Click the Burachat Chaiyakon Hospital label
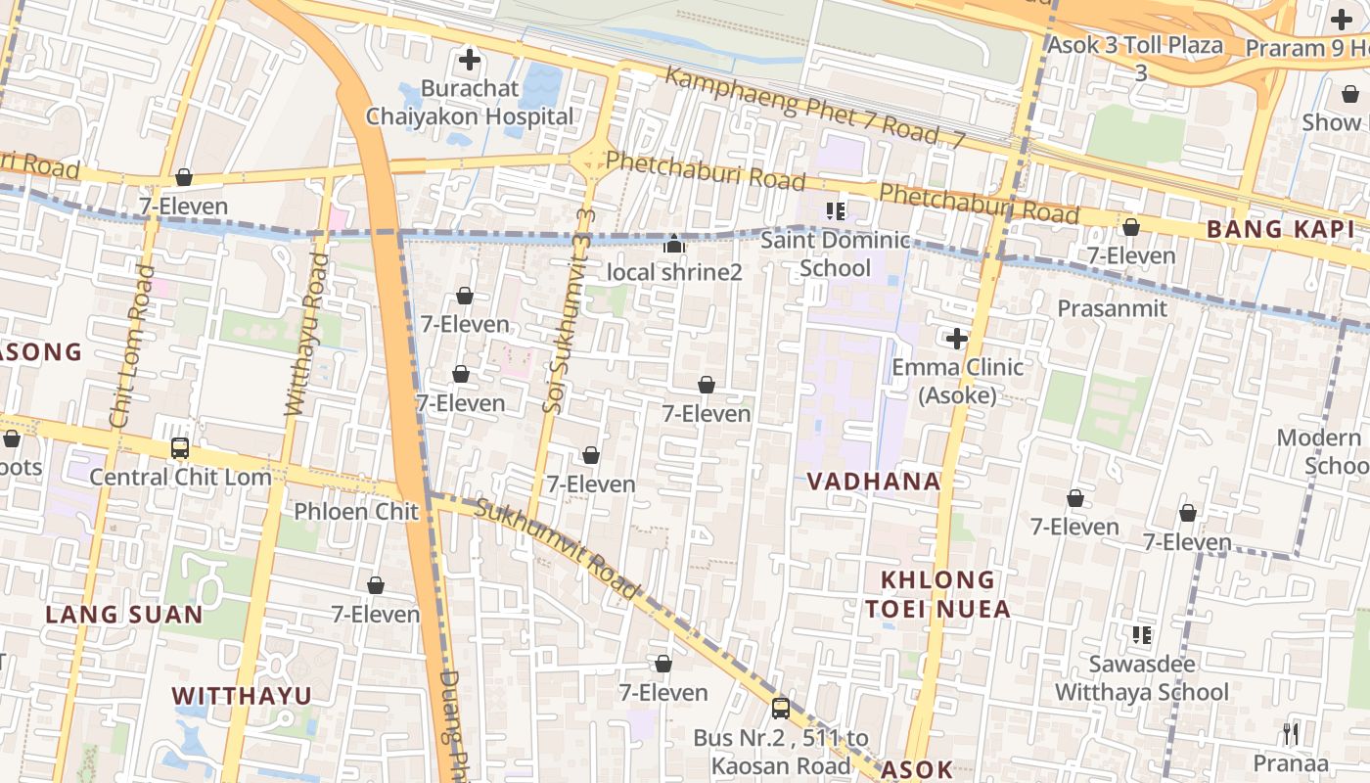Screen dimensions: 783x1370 pyautogui.click(x=470, y=103)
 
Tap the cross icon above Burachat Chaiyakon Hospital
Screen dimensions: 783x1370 pyautogui.click(x=470, y=60)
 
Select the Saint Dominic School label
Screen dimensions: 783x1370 pyautogui.click(x=835, y=253)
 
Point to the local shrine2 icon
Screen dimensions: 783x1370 pyautogui.click(x=673, y=244)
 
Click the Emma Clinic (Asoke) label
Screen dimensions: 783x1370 pyautogui.click(x=957, y=381)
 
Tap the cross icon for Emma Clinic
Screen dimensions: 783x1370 pyautogui.click(x=957, y=339)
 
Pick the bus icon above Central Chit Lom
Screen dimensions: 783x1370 pyautogui.click(x=180, y=448)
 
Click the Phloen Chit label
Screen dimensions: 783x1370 pyautogui.click(x=356, y=511)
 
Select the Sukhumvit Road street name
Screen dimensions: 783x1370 pyautogui.click(x=557, y=549)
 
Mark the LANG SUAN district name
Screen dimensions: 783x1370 pyautogui.click(x=124, y=615)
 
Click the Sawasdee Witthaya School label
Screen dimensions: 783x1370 pyautogui.click(x=1141, y=678)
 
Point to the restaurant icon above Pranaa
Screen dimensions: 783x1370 pyautogui.click(x=1291, y=733)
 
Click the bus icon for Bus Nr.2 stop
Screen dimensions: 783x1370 pyautogui.click(x=780, y=708)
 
